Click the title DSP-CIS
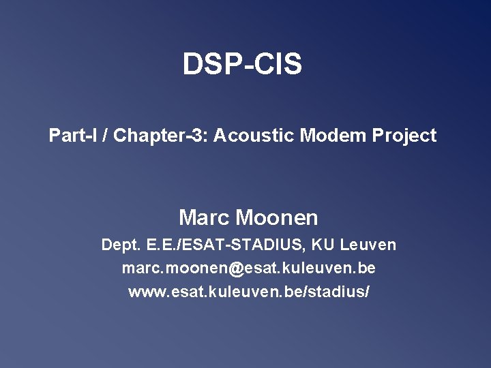242,65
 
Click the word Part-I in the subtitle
72,136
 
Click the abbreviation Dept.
119,245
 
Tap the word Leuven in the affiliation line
368,245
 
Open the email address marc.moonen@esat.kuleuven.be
248,269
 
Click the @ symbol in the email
236,269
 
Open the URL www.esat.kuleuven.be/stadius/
249,292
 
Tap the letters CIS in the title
279,65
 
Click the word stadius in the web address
344,292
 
